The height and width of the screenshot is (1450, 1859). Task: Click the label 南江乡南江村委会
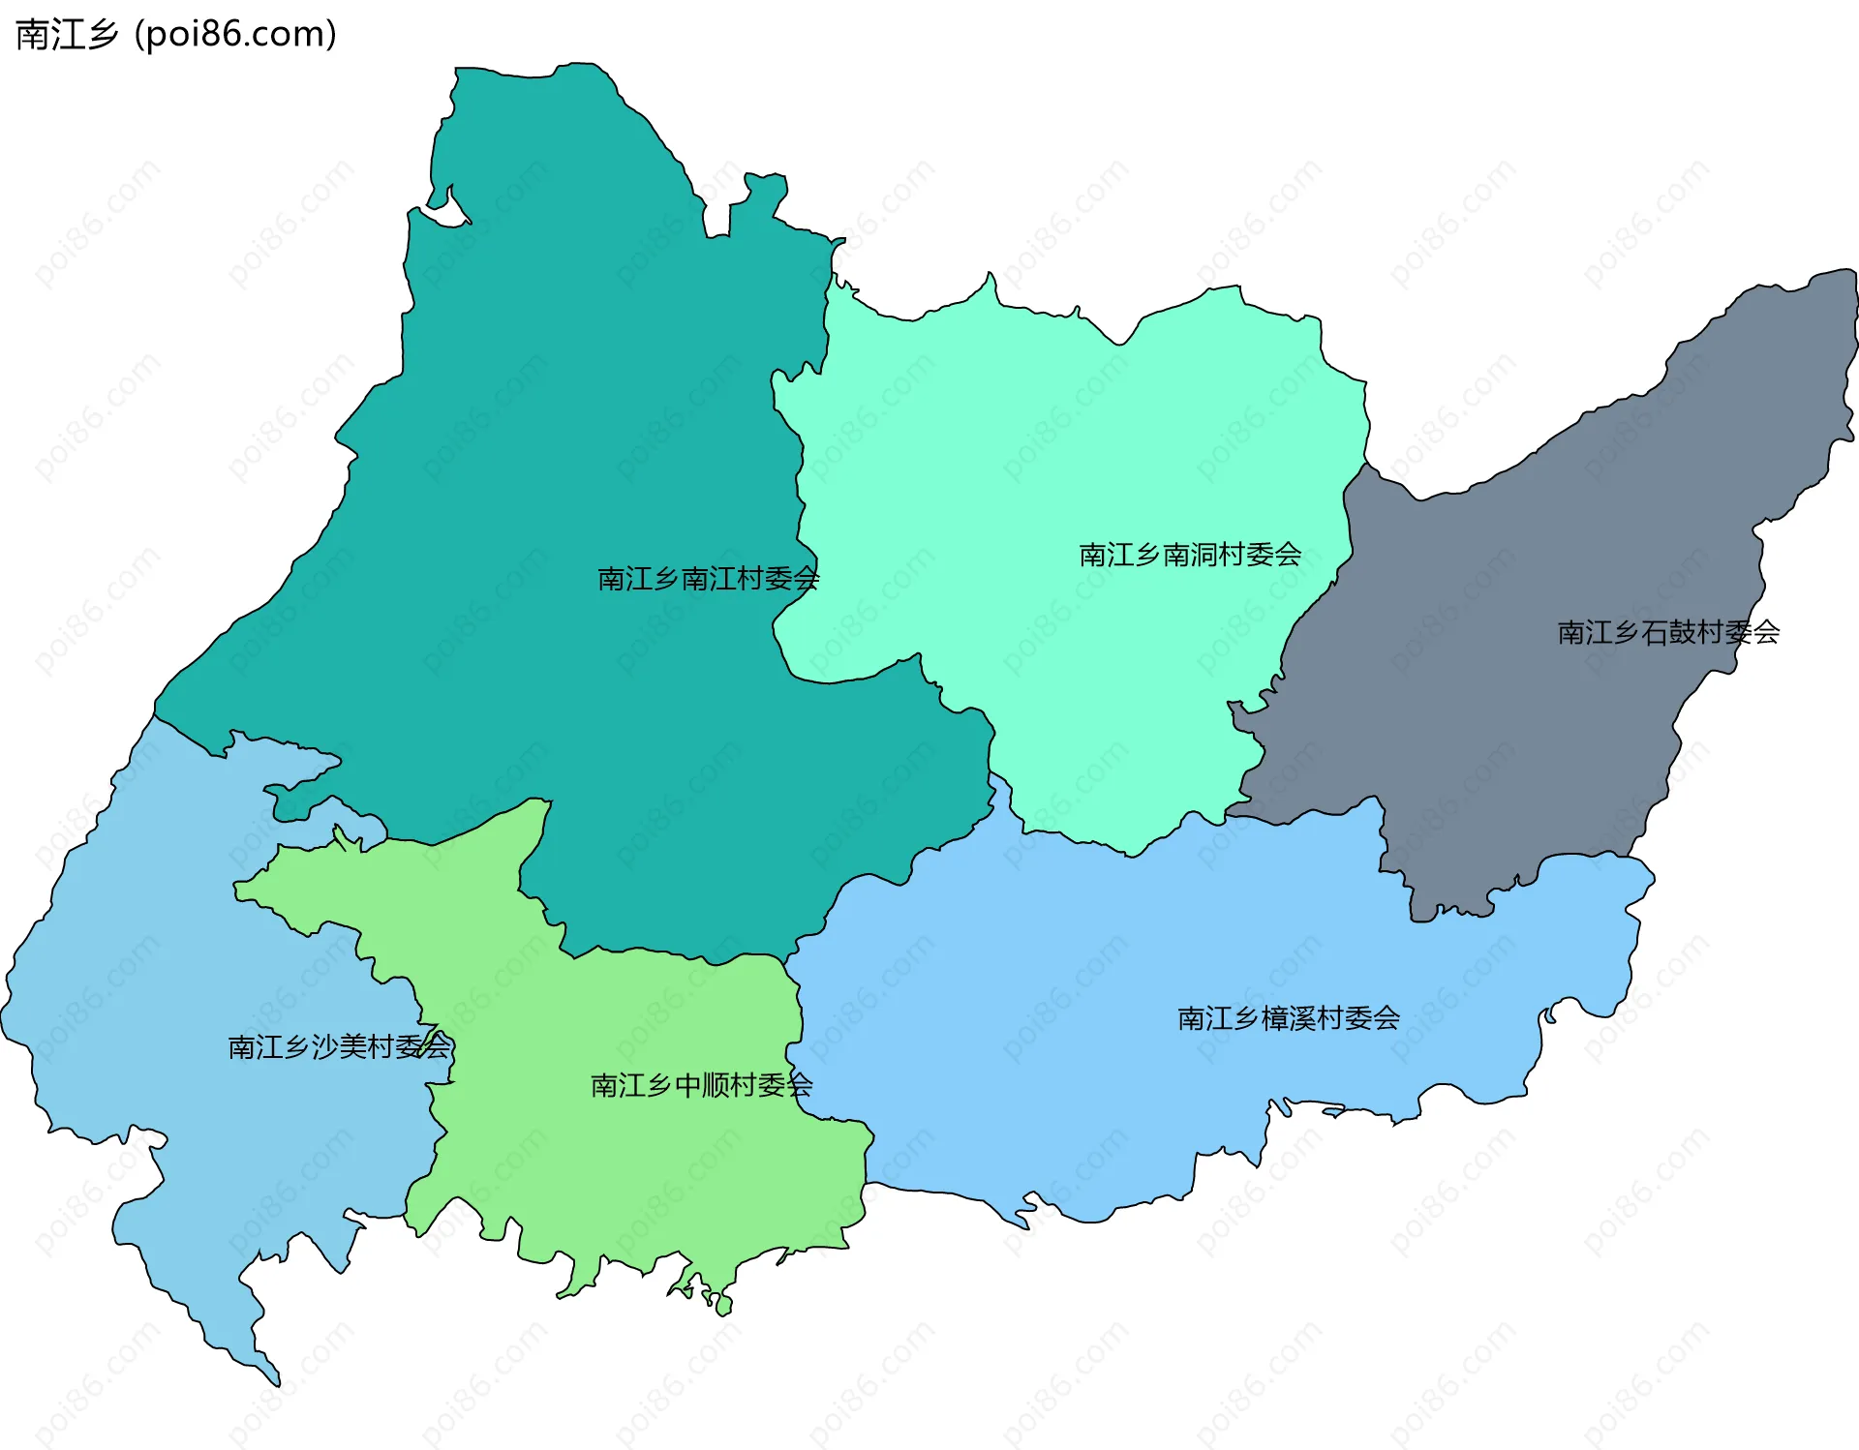point(708,579)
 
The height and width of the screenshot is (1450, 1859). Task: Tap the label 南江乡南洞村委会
point(1190,555)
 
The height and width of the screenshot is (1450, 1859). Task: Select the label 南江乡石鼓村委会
point(1668,632)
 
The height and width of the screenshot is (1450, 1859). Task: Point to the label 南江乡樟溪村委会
point(1289,1018)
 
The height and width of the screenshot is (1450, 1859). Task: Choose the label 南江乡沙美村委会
point(339,1046)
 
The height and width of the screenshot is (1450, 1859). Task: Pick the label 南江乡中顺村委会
point(701,1085)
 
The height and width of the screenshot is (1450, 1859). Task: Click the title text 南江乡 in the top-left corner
point(67,35)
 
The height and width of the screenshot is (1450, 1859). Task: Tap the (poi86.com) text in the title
point(236,35)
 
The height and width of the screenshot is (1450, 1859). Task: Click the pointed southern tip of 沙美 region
point(274,1378)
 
